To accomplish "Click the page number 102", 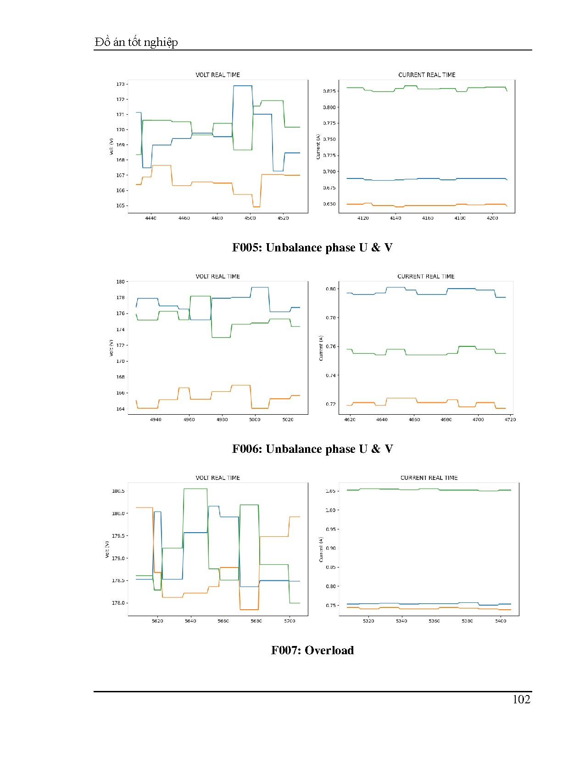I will pos(521,699).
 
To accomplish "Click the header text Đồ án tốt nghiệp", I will pos(136,42).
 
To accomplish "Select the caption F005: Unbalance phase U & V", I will pos(312,248).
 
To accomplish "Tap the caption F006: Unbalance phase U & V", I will pos(312,449).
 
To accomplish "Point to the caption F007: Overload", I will pos(312,651).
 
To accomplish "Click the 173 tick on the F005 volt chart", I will pos(120,84).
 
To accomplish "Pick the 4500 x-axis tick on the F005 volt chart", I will pos(250,218).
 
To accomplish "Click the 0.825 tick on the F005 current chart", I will pos(329,91).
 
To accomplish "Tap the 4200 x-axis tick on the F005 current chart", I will pos(492,218).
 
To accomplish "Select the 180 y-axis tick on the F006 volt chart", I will pos(120,282).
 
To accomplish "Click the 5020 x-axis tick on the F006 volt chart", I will pos(288,420).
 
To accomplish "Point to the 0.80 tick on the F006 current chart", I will pos(330,289).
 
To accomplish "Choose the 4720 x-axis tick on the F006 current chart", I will pos(510,420).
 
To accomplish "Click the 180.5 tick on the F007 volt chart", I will pos(118,491).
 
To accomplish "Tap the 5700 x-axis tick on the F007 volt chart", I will pos(290,621).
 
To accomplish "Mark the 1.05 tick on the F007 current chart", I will pos(330,491).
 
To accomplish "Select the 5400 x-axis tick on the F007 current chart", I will pos(501,621).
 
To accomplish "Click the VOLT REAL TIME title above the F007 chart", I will pos(218,478).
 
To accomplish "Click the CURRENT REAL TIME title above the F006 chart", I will pos(426,277).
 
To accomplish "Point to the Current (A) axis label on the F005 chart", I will pos(318,147).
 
